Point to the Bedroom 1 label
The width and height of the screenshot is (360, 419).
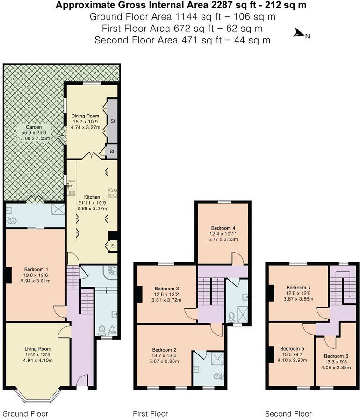pyautogui.click(x=36, y=269)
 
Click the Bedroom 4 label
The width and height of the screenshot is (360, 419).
pyautogui.click(x=223, y=227)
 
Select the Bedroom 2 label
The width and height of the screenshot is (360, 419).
pyautogui.click(x=164, y=349)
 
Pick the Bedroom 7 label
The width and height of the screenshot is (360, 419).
pyautogui.click(x=298, y=287)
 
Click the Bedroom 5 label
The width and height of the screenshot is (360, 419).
pyautogui.click(x=292, y=348)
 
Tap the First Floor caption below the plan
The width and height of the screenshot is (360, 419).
pyautogui.click(x=151, y=413)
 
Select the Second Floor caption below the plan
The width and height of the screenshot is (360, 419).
pyautogui.click(x=288, y=413)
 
